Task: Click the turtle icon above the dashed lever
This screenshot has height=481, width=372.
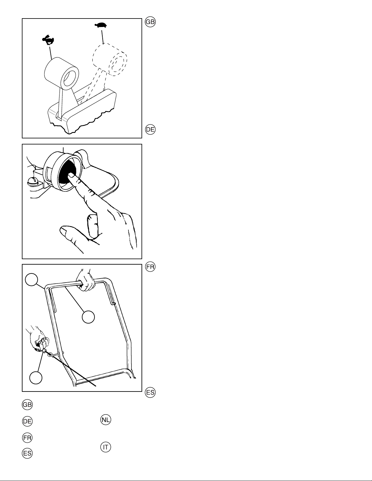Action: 101,25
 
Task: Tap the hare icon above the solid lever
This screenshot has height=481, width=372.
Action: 48,40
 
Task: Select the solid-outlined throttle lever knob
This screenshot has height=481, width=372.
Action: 62,73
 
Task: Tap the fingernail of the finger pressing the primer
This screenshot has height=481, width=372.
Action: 71,175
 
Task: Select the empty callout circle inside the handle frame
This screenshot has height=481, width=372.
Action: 88,317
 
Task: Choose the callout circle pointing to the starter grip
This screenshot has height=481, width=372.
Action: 36,378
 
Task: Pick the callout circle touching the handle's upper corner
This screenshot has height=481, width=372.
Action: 32,279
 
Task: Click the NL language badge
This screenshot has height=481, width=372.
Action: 106,419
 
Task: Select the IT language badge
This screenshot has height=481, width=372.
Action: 106,447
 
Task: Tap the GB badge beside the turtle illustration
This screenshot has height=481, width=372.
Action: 150,22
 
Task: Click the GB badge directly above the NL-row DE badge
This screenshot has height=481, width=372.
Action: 27,405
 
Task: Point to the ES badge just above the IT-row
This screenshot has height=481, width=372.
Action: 27,453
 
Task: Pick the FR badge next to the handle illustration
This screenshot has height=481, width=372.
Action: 150,266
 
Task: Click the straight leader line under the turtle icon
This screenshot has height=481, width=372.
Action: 103,36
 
